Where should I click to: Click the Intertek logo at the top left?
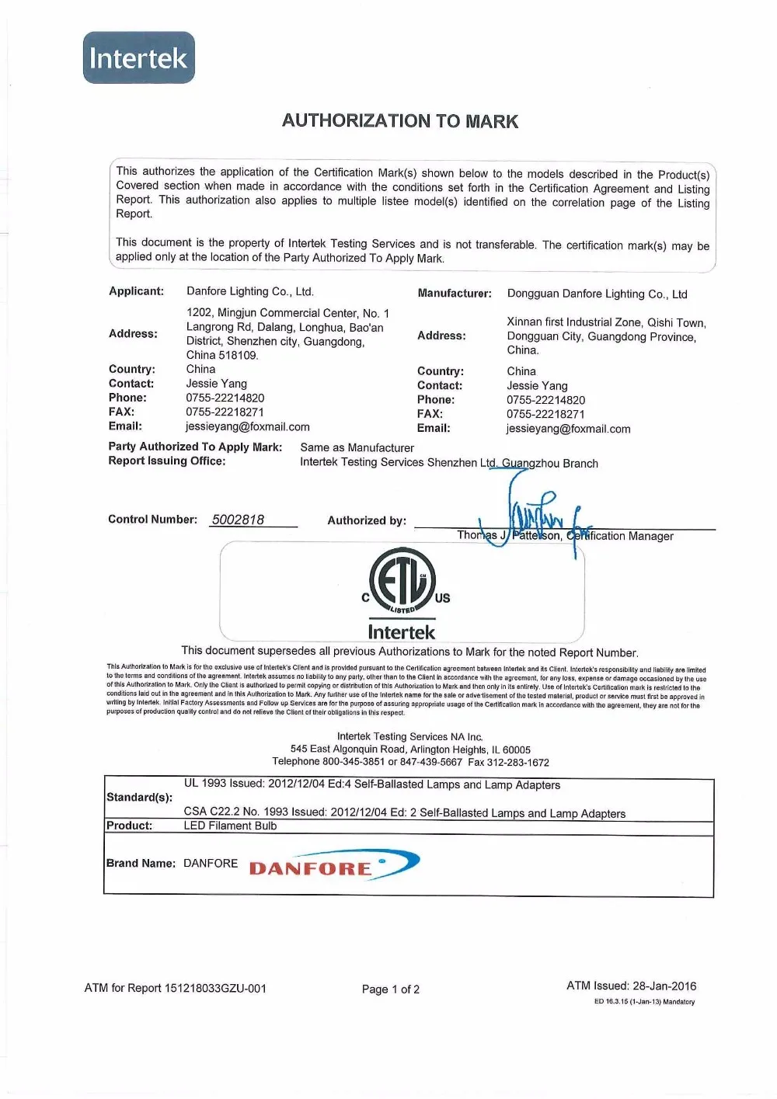(x=138, y=57)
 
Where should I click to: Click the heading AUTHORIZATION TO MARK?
(x=399, y=121)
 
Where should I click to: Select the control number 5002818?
(x=238, y=520)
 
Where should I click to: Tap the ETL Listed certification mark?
(x=402, y=581)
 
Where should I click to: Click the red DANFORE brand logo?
(x=333, y=865)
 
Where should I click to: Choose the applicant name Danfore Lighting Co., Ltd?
(x=249, y=291)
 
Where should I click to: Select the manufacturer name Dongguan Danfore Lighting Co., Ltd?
(x=597, y=294)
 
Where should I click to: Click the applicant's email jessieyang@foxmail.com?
(x=247, y=426)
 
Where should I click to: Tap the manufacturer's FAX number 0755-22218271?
(x=545, y=414)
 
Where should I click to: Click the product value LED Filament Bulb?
(x=230, y=826)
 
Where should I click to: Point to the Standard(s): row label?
(x=139, y=797)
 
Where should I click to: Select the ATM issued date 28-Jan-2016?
(x=664, y=986)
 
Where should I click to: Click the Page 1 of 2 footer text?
(x=390, y=989)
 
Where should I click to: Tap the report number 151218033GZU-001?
(x=215, y=988)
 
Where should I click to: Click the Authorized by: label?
(x=367, y=520)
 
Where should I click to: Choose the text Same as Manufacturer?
(x=357, y=447)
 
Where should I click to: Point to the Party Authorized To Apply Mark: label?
(x=195, y=447)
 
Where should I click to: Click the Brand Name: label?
(x=141, y=863)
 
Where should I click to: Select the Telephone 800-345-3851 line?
(x=410, y=762)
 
